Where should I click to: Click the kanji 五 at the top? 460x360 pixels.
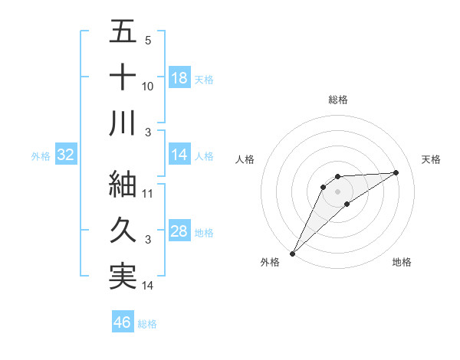(x=123, y=32)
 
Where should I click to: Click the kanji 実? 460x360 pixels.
(x=123, y=276)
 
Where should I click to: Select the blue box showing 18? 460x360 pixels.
(x=179, y=77)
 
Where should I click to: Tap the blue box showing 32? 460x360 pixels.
(x=65, y=155)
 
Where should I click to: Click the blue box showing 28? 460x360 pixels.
(x=179, y=231)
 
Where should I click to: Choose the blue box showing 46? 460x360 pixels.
(x=123, y=322)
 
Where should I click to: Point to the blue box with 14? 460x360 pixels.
(x=179, y=155)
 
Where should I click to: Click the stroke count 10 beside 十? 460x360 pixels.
(x=148, y=87)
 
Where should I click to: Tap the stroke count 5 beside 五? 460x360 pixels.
(x=148, y=41)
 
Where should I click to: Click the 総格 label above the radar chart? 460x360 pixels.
(x=337, y=100)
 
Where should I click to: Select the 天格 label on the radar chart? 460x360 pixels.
(x=431, y=159)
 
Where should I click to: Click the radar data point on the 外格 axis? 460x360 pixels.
(x=292, y=254)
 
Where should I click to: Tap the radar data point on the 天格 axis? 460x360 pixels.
(x=396, y=172)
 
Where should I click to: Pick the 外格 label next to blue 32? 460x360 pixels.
(x=41, y=156)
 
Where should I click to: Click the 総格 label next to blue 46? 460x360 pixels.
(x=147, y=324)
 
